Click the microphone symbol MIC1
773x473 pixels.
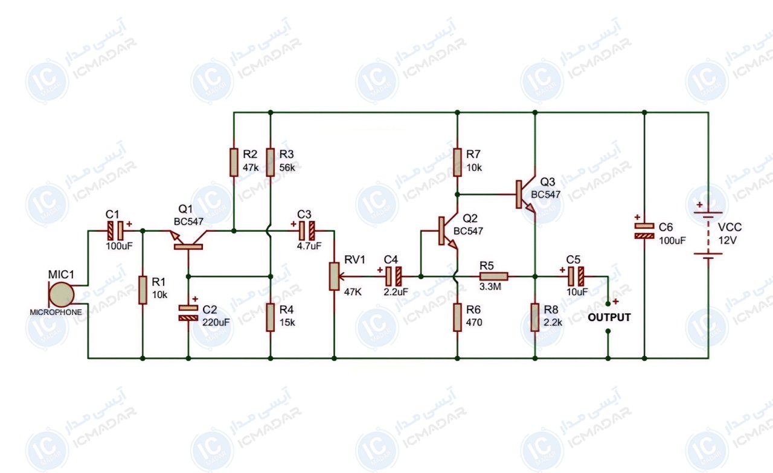point(62,294)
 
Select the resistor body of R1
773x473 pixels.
point(143,290)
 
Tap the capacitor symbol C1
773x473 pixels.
point(115,230)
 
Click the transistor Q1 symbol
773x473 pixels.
point(188,240)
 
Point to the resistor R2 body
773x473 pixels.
point(234,162)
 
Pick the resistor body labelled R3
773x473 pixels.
point(270,162)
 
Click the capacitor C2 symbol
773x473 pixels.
point(188,313)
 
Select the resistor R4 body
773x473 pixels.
point(270,317)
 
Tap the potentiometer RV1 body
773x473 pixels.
point(334,276)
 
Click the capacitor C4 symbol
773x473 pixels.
point(393,276)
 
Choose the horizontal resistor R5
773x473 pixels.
point(493,276)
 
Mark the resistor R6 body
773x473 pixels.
point(457,317)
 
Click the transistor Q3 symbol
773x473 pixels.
point(525,194)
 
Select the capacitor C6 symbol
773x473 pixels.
point(644,231)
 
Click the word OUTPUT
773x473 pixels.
point(609,317)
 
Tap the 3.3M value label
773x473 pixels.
point(490,287)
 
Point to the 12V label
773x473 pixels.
point(728,240)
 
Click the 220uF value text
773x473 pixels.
point(216,322)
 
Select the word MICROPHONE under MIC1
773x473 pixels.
point(56,313)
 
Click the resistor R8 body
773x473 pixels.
point(535,317)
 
